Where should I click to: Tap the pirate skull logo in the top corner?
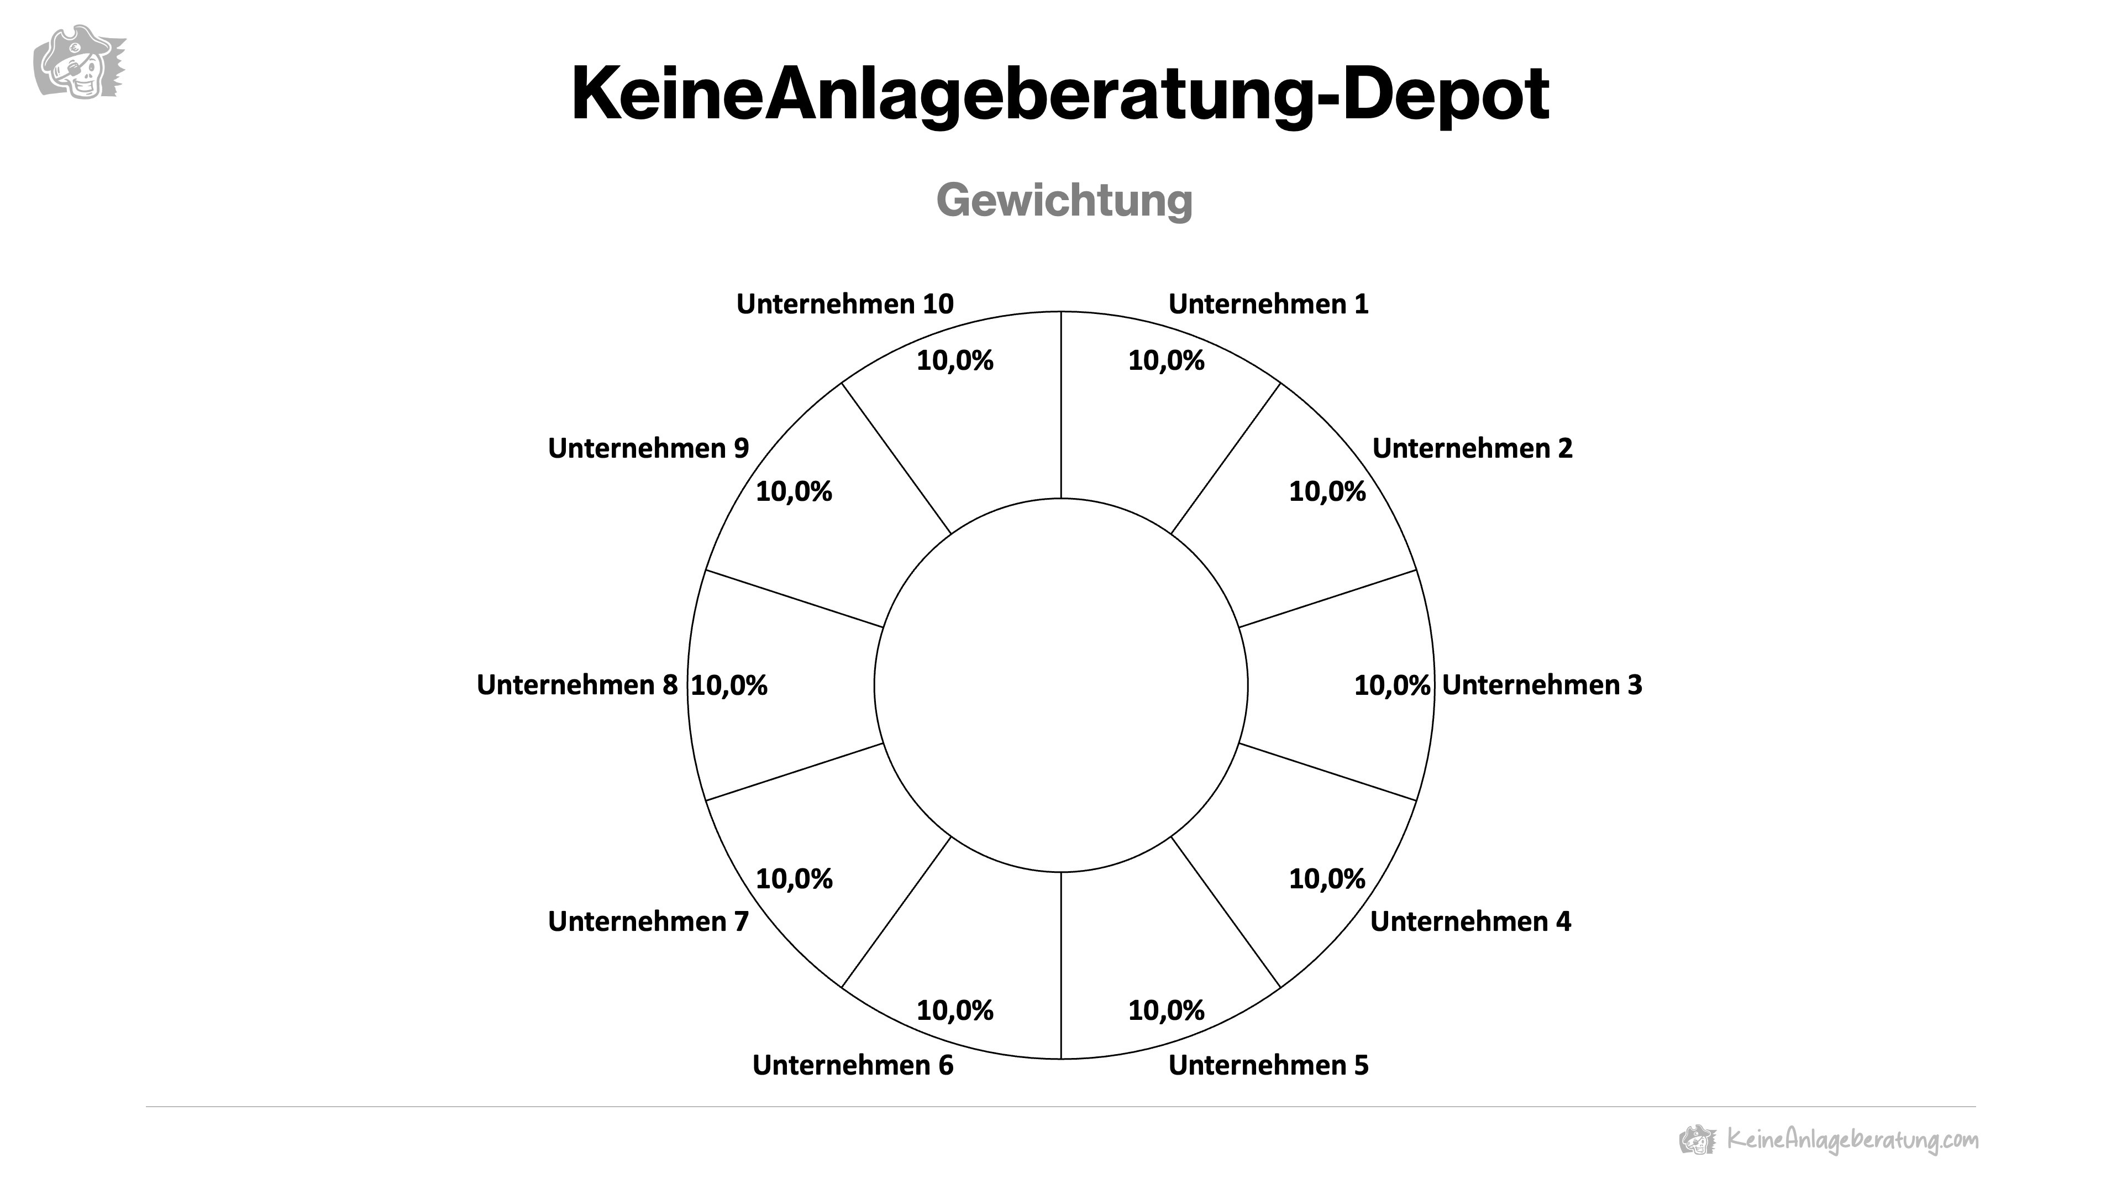[x=78, y=62]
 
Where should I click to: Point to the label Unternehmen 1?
[x=1268, y=304]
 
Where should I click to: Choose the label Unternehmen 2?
[x=1472, y=448]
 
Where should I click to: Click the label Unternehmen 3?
[x=1541, y=685]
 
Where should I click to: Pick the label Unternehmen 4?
[x=1470, y=921]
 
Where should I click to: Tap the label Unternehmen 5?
[x=1268, y=1065]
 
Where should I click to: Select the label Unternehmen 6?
[x=853, y=1065]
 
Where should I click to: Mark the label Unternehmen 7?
[x=648, y=921]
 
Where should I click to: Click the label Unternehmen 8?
[x=576, y=685]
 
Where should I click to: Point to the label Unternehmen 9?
[x=648, y=448]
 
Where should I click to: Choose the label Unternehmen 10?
[x=844, y=304]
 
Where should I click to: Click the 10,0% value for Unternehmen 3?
[x=1391, y=685]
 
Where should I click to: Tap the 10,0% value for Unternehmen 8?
[x=729, y=685]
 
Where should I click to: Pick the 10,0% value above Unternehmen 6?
[x=955, y=1010]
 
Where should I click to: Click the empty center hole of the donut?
[x=1061, y=685]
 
